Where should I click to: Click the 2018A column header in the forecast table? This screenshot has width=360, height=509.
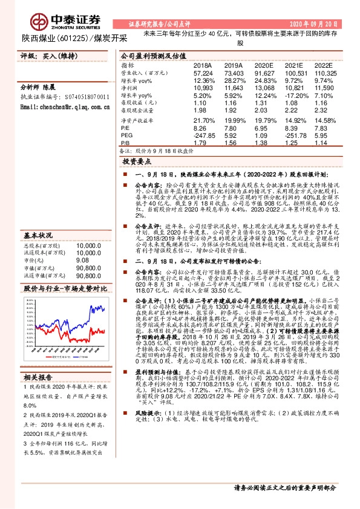(x=202, y=64)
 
